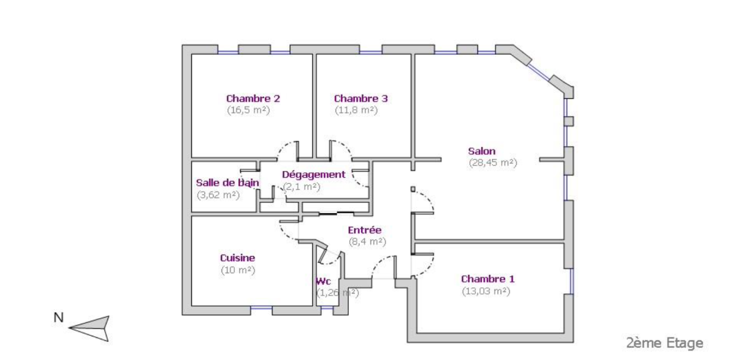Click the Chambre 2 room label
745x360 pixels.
click(253, 98)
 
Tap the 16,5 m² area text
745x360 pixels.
click(249, 110)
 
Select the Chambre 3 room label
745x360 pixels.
click(361, 98)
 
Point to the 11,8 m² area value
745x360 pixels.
click(356, 110)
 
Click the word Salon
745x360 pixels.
click(481, 151)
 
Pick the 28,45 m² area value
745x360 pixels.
click(493, 163)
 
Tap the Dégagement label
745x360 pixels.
click(314, 175)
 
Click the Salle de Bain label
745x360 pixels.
click(228, 183)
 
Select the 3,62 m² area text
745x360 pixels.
click(218, 195)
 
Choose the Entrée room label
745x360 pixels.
click(365, 230)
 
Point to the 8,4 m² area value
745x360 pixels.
click(367, 242)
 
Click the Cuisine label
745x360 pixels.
click(237, 258)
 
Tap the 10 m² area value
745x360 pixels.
click(238, 270)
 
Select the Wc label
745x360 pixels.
click(323, 281)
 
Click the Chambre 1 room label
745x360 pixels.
click(488, 279)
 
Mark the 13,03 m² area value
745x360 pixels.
click(486, 291)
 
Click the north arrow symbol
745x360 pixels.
click(89, 328)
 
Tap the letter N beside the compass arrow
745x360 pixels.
click(59, 318)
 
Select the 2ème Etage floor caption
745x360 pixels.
click(665, 343)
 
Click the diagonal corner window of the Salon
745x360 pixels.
click(539, 72)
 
